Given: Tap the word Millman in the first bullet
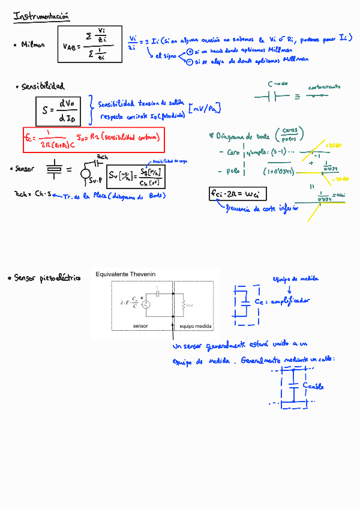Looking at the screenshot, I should (x=32, y=44).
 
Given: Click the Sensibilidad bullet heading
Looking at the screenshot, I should (x=43, y=86).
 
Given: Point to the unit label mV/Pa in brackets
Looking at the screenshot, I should (x=205, y=108).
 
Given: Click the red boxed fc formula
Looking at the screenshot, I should (x=93, y=137).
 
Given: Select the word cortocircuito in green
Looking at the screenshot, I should (x=324, y=88).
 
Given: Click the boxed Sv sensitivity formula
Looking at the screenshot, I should (x=137, y=175).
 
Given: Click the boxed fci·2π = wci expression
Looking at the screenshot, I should (x=238, y=193).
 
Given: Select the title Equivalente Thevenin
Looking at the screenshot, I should (x=125, y=274).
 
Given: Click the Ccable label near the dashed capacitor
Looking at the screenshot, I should (x=313, y=385).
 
